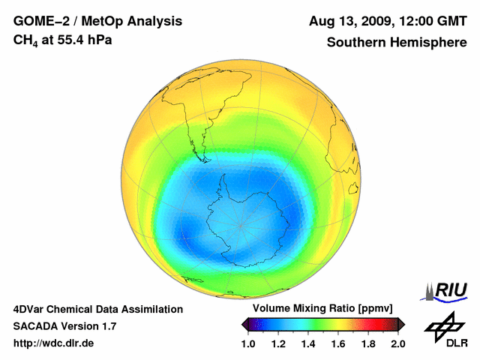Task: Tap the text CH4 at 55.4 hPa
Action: (x=63, y=39)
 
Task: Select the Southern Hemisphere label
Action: (x=396, y=42)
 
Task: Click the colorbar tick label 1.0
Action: (x=248, y=343)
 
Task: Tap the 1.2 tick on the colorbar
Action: (x=278, y=343)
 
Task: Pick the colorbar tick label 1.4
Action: (x=308, y=343)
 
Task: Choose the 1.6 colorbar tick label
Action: (x=338, y=343)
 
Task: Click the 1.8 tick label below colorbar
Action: (x=368, y=343)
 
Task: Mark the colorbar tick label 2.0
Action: (x=397, y=343)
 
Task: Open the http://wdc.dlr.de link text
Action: (x=54, y=343)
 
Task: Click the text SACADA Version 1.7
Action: (x=64, y=326)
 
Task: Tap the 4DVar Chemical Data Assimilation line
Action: (x=97, y=309)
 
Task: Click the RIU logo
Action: (x=445, y=290)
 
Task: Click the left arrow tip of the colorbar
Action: (x=243, y=324)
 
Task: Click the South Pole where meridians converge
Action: (x=240, y=225)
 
